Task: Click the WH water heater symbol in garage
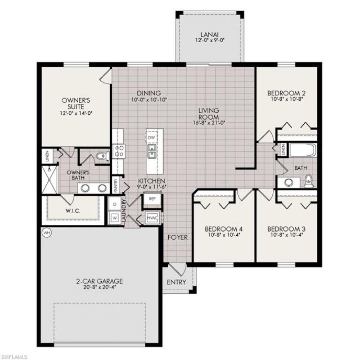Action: pyautogui.click(x=46, y=233)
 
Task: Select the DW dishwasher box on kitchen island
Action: pyautogui.click(x=152, y=137)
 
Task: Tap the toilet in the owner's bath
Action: pyautogui.click(x=103, y=157)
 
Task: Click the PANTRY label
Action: pyautogui.click(x=115, y=185)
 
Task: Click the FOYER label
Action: pyautogui.click(x=177, y=237)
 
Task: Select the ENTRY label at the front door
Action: pyautogui.click(x=176, y=282)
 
